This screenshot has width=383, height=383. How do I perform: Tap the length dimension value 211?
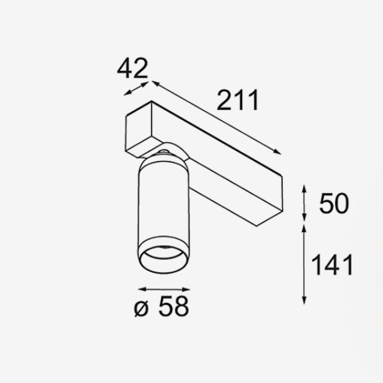pos(237,102)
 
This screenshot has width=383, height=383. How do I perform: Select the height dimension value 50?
pos(333,203)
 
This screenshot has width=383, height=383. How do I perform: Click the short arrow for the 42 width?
pos(136,90)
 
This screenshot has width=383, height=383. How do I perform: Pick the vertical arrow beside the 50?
pos(304,203)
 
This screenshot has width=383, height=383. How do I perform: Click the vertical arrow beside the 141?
pos(304,265)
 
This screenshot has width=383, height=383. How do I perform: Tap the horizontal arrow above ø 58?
pos(163,288)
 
